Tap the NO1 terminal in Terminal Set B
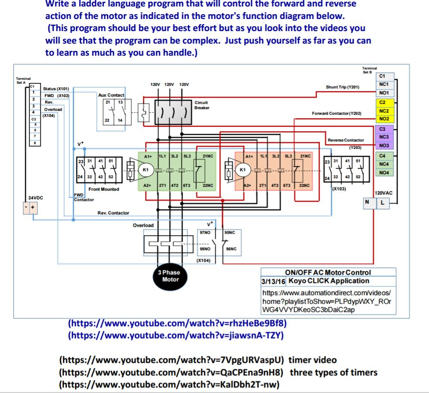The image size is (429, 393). pos(384,93)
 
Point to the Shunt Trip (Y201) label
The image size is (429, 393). pos(342,87)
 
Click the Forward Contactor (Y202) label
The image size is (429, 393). pos(336,113)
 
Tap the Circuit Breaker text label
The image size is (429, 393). pos(202,105)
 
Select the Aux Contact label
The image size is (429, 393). pos(111,95)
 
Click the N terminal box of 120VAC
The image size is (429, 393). pos(367,202)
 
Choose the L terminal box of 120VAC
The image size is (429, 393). pos(381,202)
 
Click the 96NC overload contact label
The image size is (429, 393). pos(231,249)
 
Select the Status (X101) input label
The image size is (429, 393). pos(56,88)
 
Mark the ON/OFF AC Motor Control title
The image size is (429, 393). pos(328,273)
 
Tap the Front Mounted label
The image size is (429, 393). pos(104,189)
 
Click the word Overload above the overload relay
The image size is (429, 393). pos(143,225)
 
